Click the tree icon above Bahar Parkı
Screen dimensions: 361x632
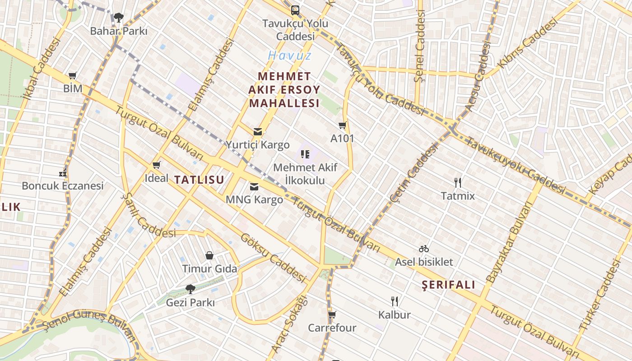(119, 18)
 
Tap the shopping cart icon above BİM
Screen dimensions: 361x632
(73, 75)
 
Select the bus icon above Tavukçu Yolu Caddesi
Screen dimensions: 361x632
(295, 10)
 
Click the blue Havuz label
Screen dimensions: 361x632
(289, 56)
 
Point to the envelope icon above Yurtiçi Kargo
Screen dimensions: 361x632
(257, 132)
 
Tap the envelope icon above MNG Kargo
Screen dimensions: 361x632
(254, 186)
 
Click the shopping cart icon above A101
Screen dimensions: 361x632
(342, 125)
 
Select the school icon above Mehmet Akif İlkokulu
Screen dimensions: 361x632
(305, 155)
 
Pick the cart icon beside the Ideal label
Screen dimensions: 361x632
(156, 165)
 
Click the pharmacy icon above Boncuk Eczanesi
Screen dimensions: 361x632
(63, 173)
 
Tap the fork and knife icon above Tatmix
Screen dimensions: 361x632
(458, 183)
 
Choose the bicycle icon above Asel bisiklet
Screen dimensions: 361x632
(423, 249)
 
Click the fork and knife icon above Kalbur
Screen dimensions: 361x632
(395, 301)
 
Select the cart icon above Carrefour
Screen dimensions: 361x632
(332, 315)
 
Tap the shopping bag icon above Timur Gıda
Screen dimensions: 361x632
(209, 256)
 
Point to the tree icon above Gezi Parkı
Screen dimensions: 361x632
(190, 289)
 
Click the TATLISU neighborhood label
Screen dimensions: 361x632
(199, 180)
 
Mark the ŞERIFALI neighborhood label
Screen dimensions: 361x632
(448, 285)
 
